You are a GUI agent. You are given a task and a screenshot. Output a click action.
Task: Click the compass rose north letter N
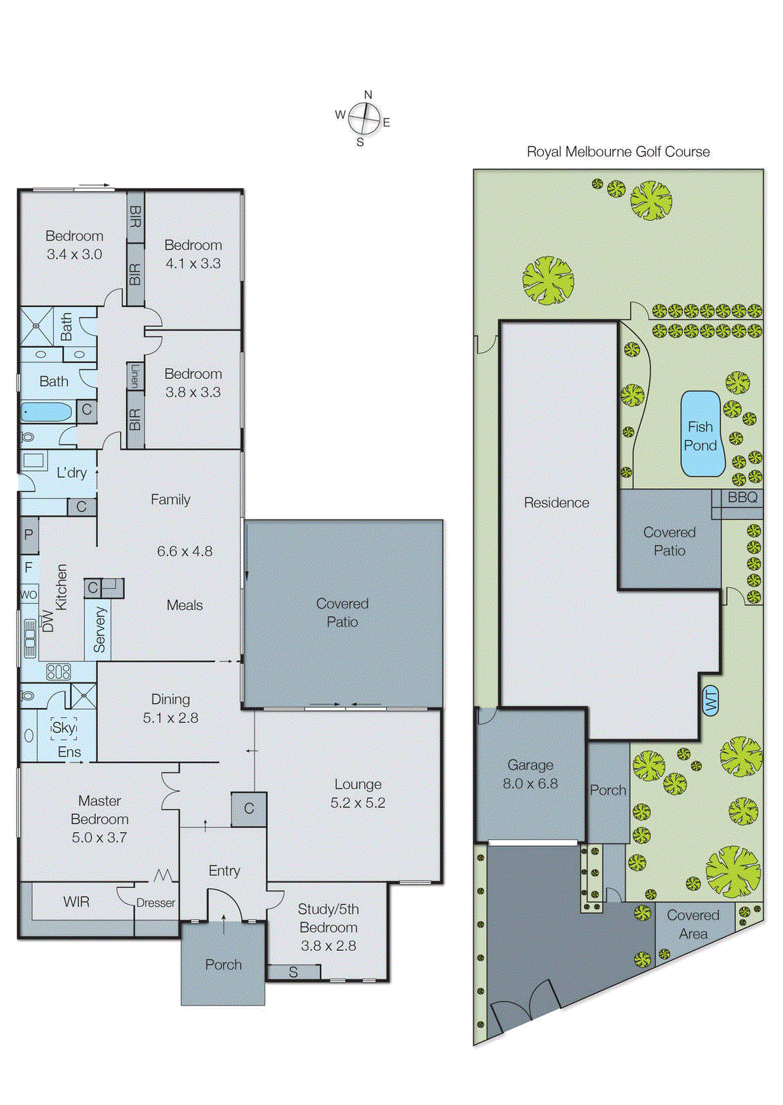368,95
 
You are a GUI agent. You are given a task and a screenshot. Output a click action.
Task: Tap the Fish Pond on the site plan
701,436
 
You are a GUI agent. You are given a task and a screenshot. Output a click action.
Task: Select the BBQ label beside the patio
742,497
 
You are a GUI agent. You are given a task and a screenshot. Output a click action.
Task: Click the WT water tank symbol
711,702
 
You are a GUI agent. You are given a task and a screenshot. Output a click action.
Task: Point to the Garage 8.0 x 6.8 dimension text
530,784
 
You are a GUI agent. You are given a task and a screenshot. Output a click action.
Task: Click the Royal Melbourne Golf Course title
618,152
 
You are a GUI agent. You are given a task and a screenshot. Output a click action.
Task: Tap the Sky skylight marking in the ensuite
64,727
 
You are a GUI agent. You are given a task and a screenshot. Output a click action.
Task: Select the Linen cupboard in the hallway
135,376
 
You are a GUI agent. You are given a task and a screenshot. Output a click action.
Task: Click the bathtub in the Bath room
46,412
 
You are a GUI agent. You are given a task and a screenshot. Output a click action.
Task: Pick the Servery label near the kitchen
100,630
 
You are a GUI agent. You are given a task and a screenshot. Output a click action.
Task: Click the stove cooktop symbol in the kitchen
59,671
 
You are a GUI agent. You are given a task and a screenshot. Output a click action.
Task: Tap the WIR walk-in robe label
76,902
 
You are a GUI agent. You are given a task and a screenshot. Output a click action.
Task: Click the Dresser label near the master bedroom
155,903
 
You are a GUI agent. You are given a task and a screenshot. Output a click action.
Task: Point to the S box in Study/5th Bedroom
294,972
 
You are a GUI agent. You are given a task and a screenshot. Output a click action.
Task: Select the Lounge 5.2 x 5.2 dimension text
358,803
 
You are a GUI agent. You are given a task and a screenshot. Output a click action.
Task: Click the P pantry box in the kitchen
29,535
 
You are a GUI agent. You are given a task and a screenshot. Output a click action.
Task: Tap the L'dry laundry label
72,473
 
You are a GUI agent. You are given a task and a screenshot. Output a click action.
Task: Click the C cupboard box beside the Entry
249,808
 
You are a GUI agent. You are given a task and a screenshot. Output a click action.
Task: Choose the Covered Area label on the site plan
692,924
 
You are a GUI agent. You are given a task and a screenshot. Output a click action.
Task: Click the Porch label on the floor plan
223,965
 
